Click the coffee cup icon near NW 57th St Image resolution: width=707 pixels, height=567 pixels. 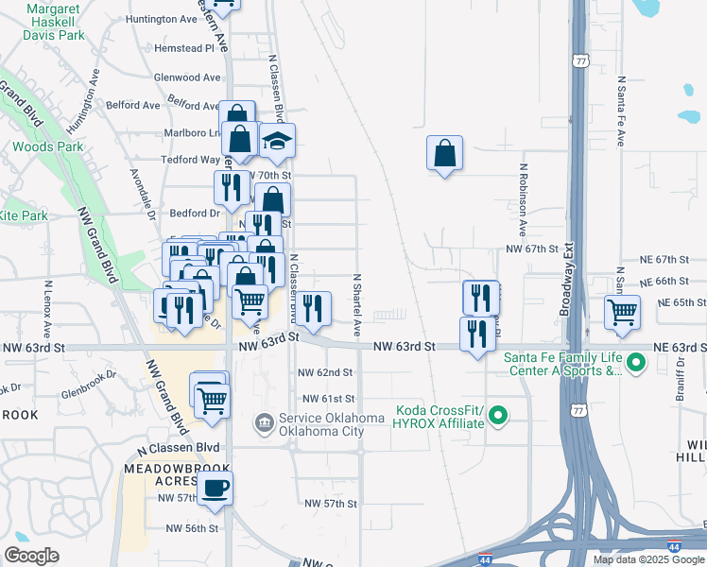coord(215,488)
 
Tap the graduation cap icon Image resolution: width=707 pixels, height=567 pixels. coord(277,142)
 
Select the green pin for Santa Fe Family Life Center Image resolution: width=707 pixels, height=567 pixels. coord(636,362)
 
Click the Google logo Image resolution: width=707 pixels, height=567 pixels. coord(31,556)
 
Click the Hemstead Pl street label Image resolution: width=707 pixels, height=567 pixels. coord(184,47)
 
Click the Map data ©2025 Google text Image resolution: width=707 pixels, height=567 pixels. coord(647,559)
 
